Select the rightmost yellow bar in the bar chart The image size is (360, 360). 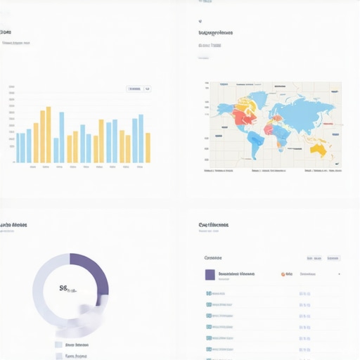pyautogui.click(x=148, y=147)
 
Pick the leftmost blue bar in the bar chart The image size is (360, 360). pyautogui.click(x=18, y=148)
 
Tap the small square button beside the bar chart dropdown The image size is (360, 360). pyautogui.click(x=148, y=89)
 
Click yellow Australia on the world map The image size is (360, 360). pyautogui.click(x=319, y=148)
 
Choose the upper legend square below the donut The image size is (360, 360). pyautogui.click(x=58, y=345)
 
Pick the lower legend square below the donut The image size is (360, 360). pyautogui.click(x=58, y=356)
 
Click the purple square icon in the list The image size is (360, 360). pyautogui.click(x=210, y=274)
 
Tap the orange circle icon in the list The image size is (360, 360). pyautogui.click(x=283, y=274)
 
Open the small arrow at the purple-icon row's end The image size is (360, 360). pyautogui.click(x=339, y=274)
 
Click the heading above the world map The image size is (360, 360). pyautogui.click(x=215, y=32)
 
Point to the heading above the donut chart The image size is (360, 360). pyautogui.click(x=13, y=226)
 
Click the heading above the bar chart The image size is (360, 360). pyautogui.click(x=6, y=32)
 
